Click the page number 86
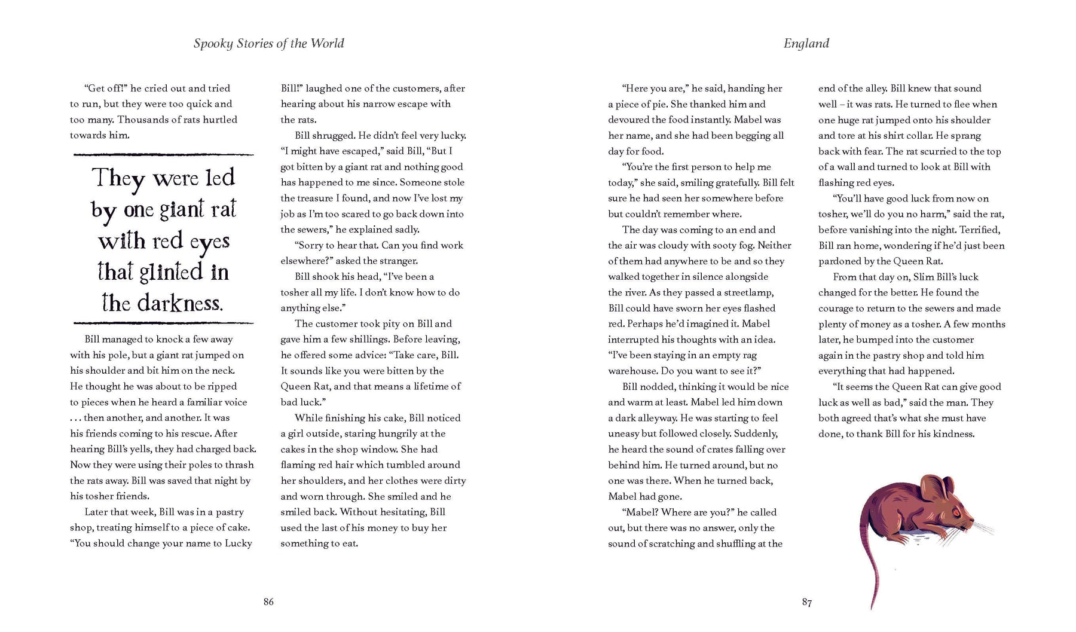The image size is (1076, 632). (268, 602)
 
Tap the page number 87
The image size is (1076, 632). (806, 602)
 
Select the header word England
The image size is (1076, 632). (806, 43)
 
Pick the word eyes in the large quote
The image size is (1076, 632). (209, 242)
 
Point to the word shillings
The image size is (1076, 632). (362, 339)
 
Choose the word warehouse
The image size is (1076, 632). (632, 371)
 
